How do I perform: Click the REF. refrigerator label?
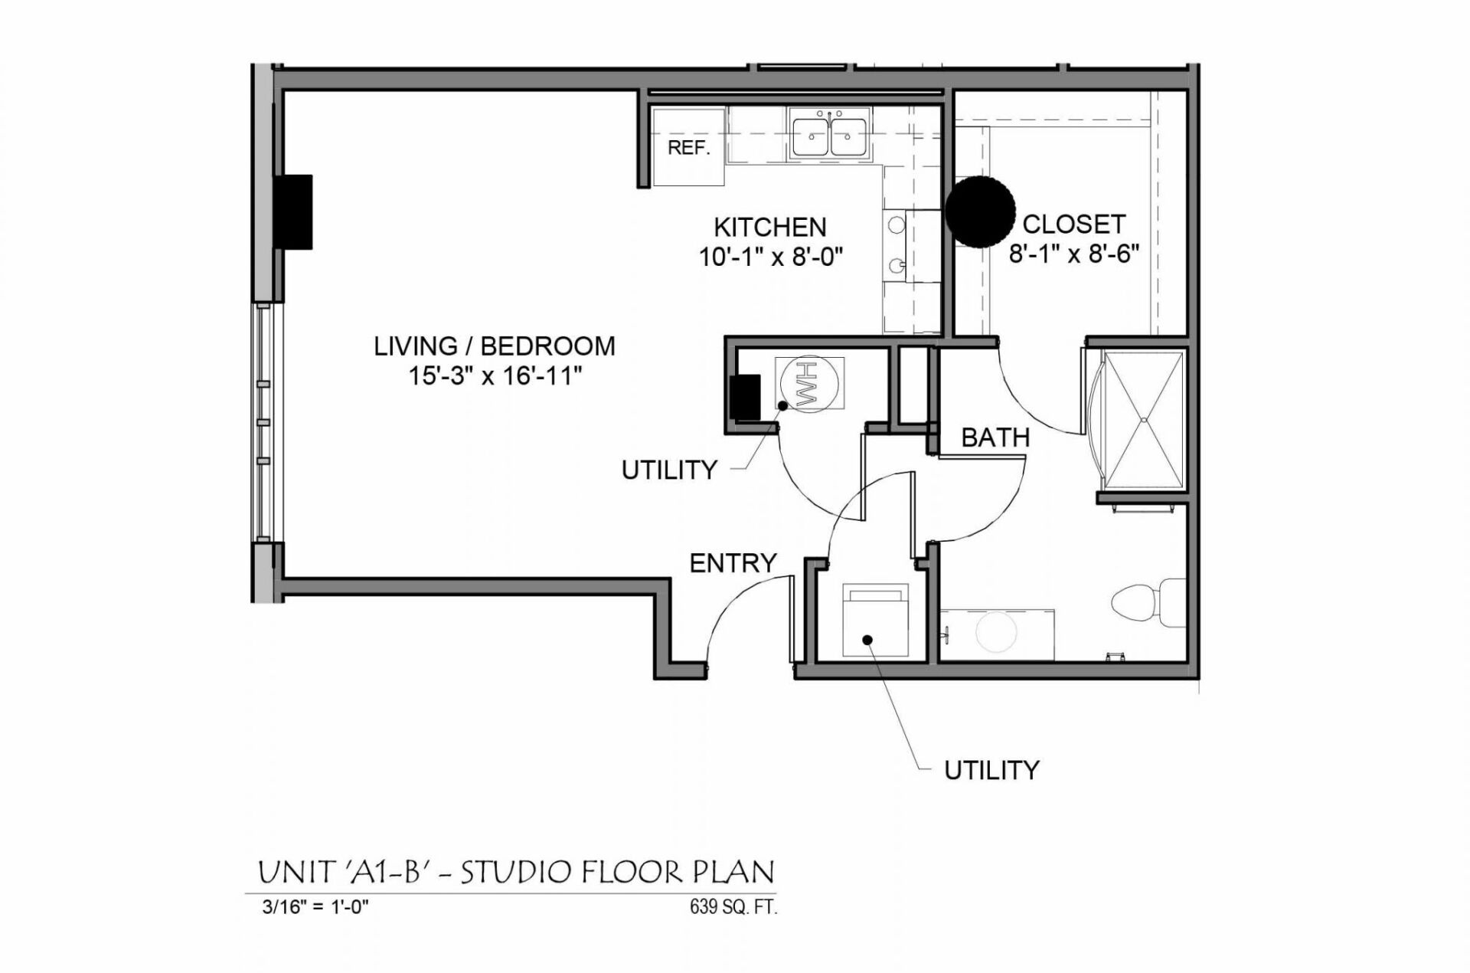pos(688,148)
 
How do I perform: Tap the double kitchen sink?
pos(829,137)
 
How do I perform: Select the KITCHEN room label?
pos(769,228)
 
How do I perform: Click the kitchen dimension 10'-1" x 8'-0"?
pos(770,257)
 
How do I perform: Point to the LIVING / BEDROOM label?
pos(494,346)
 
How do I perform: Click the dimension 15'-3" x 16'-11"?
pos(495,377)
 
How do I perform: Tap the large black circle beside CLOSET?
pos(979,211)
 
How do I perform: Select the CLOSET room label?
pos(1073,224)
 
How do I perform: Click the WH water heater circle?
pos(809,384)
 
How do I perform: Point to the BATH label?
pos(995,438)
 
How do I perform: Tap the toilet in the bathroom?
pos(1147,602)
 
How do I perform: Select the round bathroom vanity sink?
pos(996,632)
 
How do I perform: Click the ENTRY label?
pos(733,564)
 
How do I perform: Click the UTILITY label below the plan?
pos(991,770)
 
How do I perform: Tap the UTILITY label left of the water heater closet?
pos(668,470)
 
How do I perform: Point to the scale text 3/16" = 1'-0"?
pos(315,907)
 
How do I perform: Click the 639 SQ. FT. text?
pos(733,907)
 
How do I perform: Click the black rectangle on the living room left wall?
pos(294,212)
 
